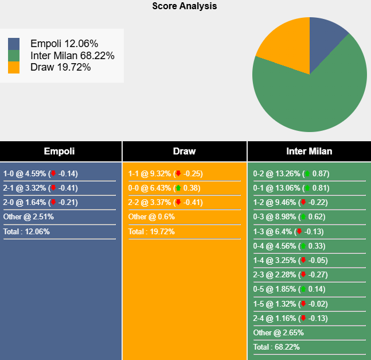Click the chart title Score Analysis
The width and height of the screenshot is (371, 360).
[185, 6]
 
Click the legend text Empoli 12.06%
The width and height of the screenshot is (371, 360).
[64, 44]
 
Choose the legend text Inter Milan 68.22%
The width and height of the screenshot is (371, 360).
[72, 56]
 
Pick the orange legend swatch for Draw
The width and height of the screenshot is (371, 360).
[14, 68]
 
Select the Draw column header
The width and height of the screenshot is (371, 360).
[184, 152]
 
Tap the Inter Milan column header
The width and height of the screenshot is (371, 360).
[309, 152]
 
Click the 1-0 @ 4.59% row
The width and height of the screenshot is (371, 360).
[40, 173]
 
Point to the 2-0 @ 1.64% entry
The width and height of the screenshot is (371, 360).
[40, 202]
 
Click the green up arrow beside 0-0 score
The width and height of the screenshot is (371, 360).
[178, 188]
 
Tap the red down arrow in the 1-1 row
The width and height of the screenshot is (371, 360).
[178, 173]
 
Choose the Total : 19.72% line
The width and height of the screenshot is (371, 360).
[151, 231]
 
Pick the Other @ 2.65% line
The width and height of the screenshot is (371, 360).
[279, 332]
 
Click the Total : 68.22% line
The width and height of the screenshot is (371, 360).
[276, 347]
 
